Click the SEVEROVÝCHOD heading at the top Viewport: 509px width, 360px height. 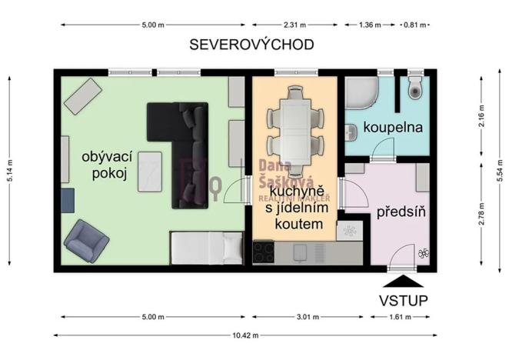[x=251, y=45]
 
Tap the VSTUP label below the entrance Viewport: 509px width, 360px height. [x=403, y=299]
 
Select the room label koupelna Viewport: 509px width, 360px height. [x=393, y=128]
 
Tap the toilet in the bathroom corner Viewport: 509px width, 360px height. [x=416, y=88]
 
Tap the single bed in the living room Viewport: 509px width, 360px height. [x=206, y=248]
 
